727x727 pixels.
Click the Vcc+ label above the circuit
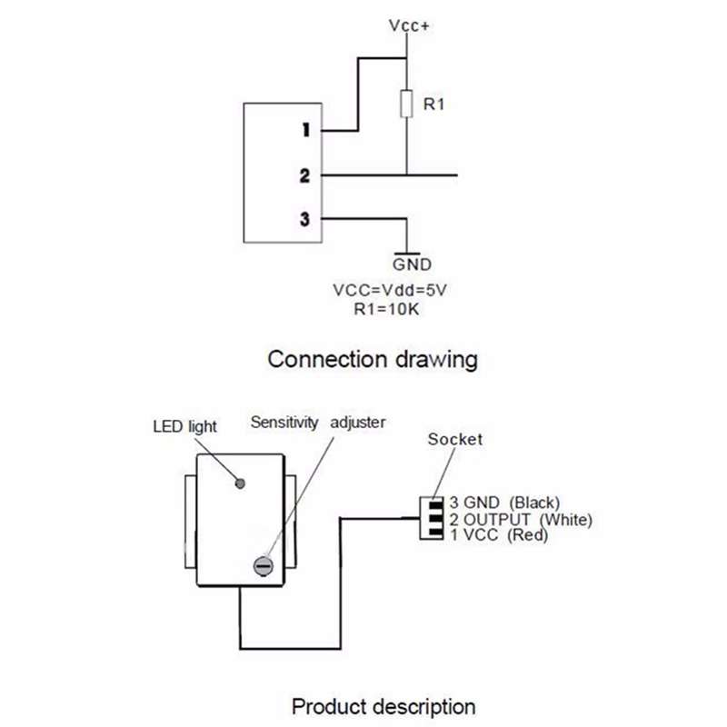click(x=409, y=25)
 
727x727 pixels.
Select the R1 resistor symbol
click(x=406, y=104)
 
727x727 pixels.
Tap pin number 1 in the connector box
click(x=305, y=130)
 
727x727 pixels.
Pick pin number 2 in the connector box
click(x=304, y=175)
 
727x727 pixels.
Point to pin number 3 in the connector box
click(x=304, y=219)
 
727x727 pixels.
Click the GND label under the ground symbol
click(x=412, y=264)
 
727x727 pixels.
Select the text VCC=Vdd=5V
click(x=390, y=290)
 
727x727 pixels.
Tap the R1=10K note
click(x=386, y=309)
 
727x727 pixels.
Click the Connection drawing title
click(x=373, y=360)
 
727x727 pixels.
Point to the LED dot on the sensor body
click(x=240, y=483)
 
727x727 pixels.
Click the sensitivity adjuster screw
click(x=263, y=565)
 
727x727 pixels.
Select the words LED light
click(x=184, y=426)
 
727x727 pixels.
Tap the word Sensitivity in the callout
click(x=284, y=423)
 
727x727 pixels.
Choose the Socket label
click(x=455, y=439)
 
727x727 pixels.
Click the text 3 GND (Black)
click(x=504, y=503)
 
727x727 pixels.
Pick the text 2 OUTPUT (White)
click(x=521, y=519)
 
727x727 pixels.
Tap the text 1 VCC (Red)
click(x=499, y=535)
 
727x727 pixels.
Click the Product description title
click(x=383, y=707)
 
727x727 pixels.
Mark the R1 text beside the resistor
click(x=433, y=105)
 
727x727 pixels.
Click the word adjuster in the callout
click(x=357, y=423)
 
